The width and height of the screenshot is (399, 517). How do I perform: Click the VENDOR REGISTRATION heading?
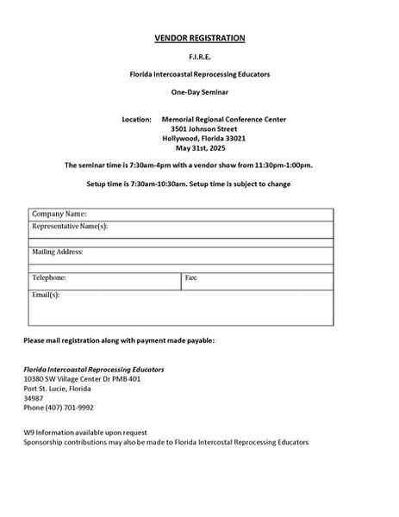point(199,38)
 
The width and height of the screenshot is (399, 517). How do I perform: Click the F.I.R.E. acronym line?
point(199,57)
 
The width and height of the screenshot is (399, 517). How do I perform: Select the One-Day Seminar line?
point(199,90)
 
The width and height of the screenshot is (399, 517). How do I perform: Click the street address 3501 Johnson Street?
point(204,128)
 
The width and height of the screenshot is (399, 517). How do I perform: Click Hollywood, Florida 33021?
point(204,138)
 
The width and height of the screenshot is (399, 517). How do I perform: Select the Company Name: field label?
point(59,214)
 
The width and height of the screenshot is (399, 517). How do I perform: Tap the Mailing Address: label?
point(58,252)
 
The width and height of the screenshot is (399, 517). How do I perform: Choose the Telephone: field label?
point(49,277)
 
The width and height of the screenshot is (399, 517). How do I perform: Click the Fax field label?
point(191,277)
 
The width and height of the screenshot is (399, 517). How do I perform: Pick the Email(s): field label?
point(46,295)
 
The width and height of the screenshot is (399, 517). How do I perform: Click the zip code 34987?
point(33,398)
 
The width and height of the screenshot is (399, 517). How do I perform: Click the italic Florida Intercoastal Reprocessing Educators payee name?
point(94,369)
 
